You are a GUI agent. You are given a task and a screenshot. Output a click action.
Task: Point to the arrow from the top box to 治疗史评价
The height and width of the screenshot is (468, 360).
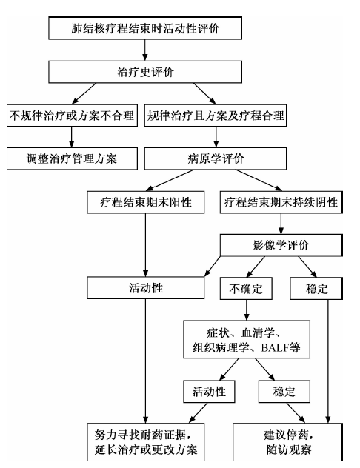point(145,50)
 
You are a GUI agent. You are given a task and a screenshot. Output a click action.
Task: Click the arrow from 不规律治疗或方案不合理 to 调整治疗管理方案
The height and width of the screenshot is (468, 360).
point(71,137)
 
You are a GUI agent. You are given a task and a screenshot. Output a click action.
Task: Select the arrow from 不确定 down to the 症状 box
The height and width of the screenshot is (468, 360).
point(246,310)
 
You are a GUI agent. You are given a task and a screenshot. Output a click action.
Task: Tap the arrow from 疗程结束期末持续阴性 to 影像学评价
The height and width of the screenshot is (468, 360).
point(281,224)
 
